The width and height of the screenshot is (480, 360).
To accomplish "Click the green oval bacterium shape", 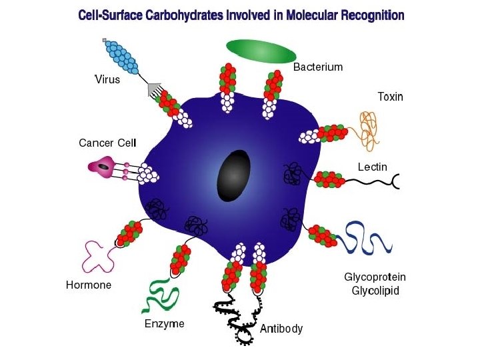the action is tap(261, 51).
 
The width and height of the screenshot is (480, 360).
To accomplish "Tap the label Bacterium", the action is tap(318, 67).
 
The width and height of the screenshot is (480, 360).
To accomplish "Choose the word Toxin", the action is tap(390, 97).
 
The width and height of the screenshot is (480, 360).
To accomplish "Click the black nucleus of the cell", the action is tap(234, 175).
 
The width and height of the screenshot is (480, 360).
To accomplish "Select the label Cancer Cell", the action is tap(107, 143).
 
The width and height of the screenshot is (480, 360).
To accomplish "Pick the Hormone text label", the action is tap(89, 285).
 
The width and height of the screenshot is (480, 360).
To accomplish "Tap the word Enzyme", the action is tap(164, 324).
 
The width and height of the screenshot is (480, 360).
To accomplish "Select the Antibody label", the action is tap(281, 328).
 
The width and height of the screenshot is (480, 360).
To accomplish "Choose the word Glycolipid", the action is tap(375, 291).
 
